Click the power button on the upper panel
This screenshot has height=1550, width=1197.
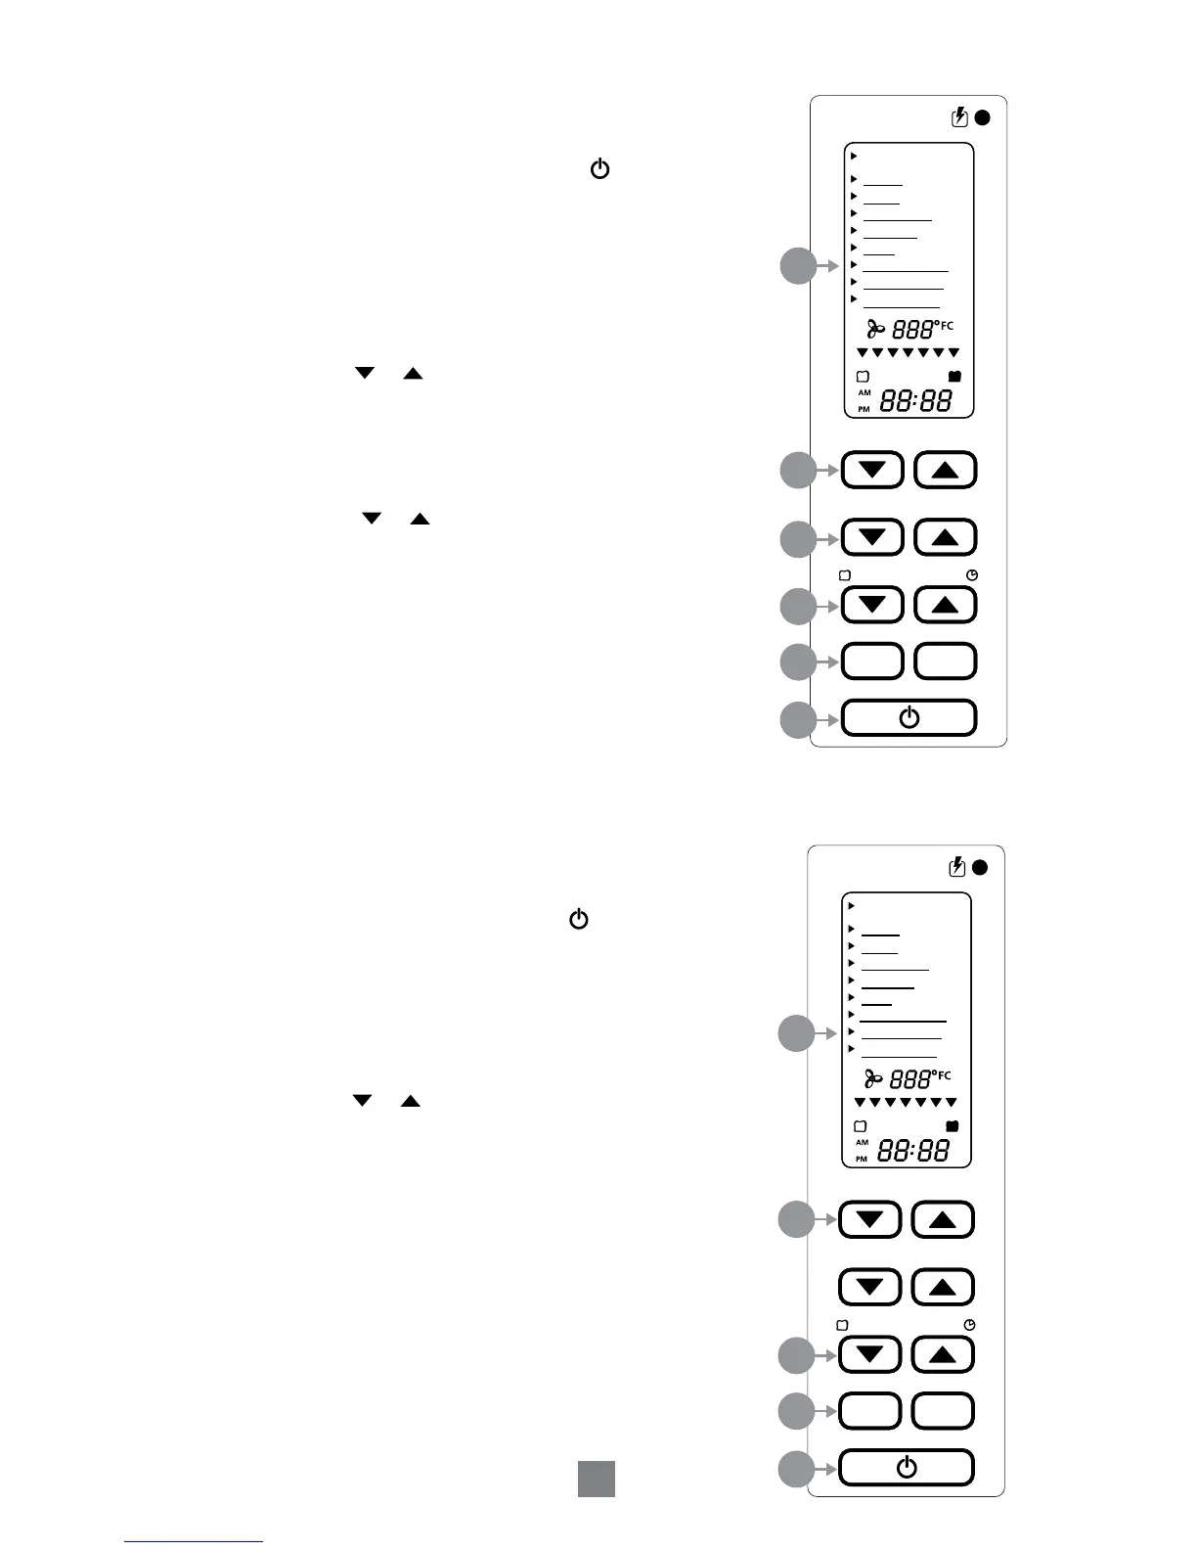click(x=909, y=718)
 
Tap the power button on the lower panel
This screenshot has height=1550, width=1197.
click(x=907, y=1468)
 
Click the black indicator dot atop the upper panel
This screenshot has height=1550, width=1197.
click(x=983, y=117)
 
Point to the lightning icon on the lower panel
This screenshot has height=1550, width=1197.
click(x=958, y=867)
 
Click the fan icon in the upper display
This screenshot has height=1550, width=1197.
click(x=876, y=330)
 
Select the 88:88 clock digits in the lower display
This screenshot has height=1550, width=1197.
click(x=913, y=1151)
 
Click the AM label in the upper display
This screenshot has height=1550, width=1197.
click(x=864, y=392)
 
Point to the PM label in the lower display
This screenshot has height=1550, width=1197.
click(x=862, y=1159)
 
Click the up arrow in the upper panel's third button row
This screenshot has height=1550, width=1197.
click(x=945, y=606)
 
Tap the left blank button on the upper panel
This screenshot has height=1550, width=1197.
click(x=872, y=661)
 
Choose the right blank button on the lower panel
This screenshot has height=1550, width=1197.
click(x=943, y=1411)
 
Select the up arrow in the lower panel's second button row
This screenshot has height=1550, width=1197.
click(x=943, y=1288)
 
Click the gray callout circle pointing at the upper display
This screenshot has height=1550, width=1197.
click(x=798, y=266)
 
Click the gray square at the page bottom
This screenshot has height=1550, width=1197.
click(x=596, y=1479)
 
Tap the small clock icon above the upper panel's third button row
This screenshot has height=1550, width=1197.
click(x=972, y=576)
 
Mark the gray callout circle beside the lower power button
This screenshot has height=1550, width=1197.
click(x=796, y=1470)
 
